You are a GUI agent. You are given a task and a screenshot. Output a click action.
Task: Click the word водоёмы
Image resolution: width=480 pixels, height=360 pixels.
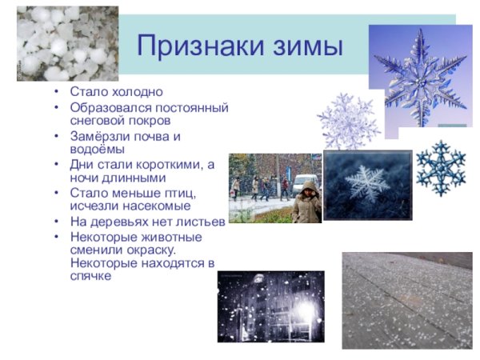pyautogui.click(x=97, y=149)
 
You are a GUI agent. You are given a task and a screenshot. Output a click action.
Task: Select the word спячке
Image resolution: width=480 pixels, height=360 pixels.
pyautogui.click(x=90, y=276)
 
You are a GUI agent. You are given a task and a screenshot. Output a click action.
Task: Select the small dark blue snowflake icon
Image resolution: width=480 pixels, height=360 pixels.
pyautogui.click(x=439, y=167)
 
